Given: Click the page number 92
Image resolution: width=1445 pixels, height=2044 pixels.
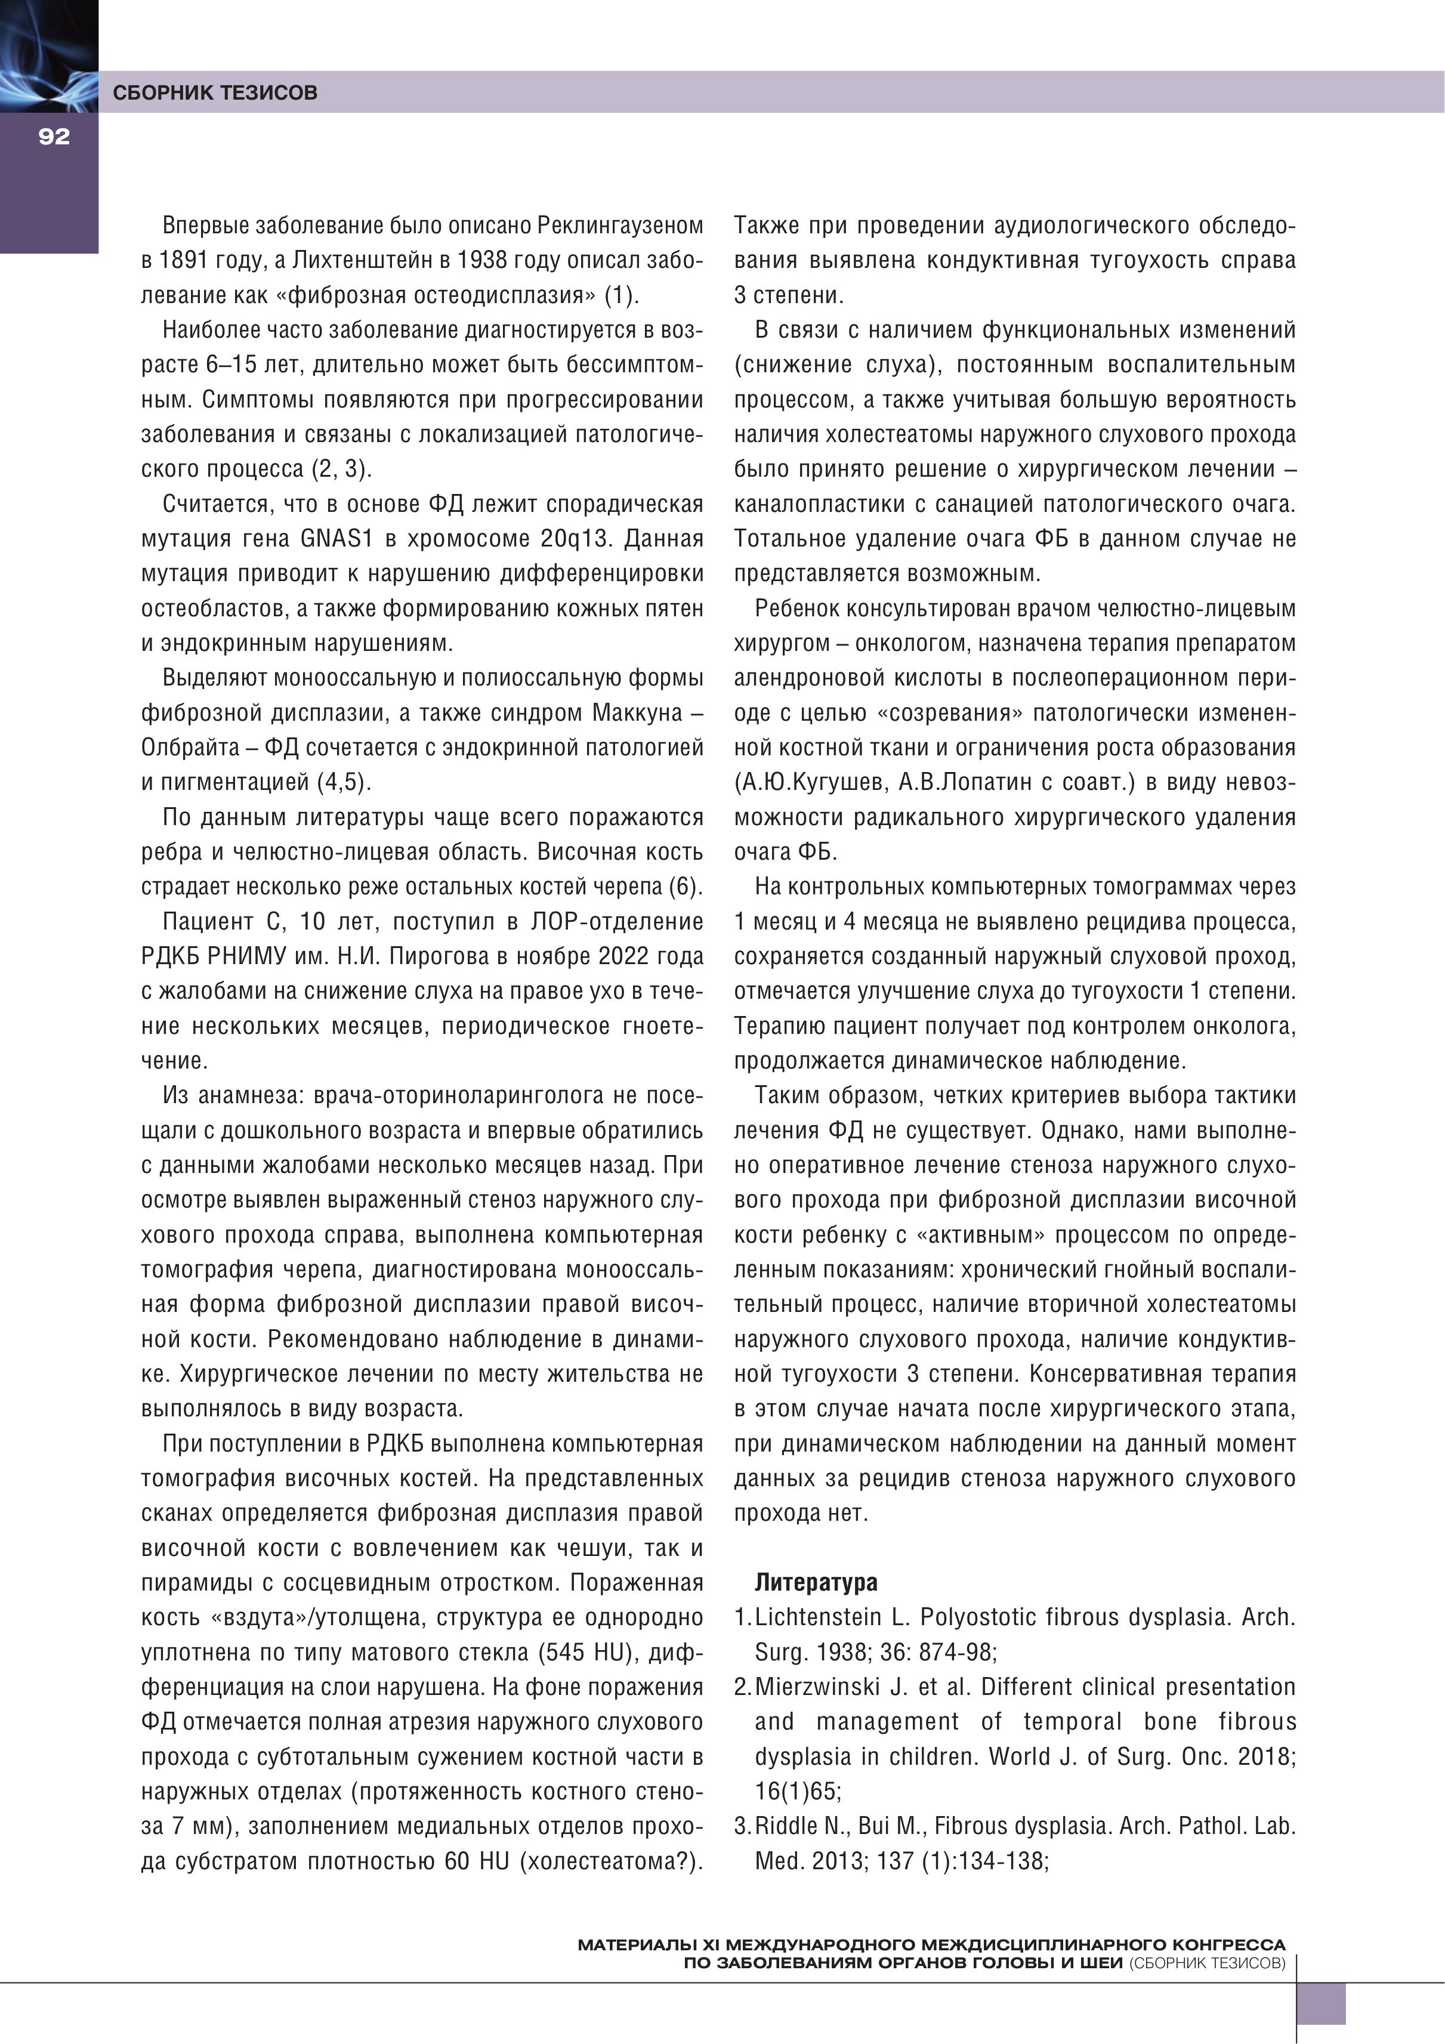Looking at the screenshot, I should [54, 136].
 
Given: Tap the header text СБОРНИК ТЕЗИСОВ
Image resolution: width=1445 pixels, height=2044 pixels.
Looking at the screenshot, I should [215, 92].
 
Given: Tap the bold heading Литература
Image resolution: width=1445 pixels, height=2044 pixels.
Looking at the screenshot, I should [816, 1582].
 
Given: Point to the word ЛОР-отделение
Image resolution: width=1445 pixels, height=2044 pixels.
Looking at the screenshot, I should [617, 921].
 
